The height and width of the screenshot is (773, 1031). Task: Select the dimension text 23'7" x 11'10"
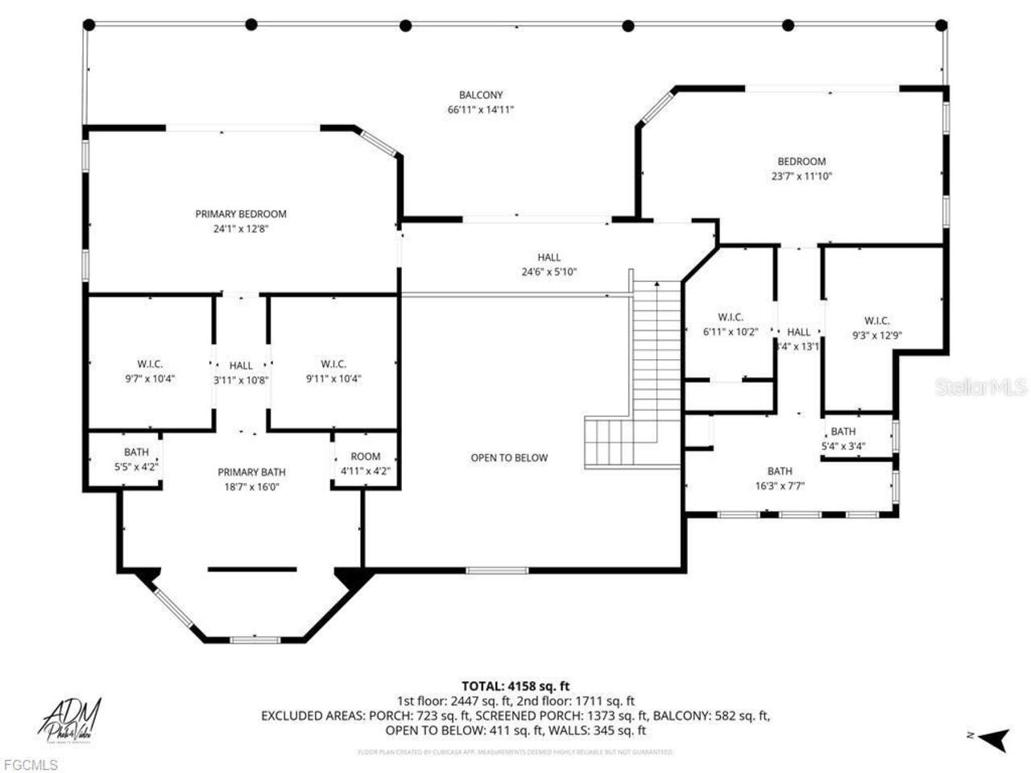coord(801,176)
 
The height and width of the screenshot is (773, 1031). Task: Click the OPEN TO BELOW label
coord(509,458)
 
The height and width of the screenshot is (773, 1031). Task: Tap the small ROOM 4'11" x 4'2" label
coord(365,464)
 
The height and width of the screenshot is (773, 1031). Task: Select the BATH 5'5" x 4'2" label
coord(136,460)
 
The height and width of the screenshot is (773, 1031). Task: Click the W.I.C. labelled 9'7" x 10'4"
coord(150,371)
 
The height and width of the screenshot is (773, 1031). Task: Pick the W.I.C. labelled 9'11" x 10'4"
coord(333,371)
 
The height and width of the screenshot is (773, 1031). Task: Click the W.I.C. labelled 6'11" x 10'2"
coord(731,324)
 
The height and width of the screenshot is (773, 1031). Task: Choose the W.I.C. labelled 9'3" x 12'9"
coord(877,329)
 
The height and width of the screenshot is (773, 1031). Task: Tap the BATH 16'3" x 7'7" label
coord(780,478)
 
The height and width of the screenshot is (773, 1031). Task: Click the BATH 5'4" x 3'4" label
coord(843,439)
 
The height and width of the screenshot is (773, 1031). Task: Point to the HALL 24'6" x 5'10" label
coord(549,265)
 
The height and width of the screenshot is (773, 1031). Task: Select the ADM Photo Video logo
coord(71,720)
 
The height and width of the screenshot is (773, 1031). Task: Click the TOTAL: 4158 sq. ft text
coord(515,686)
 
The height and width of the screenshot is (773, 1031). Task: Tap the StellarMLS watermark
coord(980,387)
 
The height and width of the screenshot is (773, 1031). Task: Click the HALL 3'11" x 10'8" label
coord(241,373)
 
